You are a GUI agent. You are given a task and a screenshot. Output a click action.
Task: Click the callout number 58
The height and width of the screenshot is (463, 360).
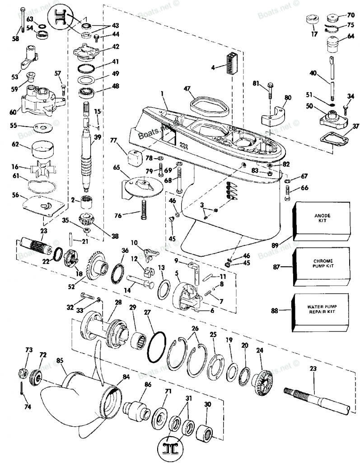(16, 39)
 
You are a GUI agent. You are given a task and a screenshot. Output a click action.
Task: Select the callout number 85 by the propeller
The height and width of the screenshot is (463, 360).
(60, 360)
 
